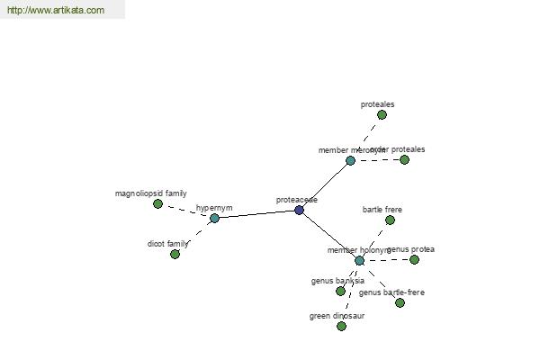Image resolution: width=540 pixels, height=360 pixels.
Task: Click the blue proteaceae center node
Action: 299,211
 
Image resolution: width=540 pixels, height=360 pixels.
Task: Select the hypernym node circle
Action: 214,218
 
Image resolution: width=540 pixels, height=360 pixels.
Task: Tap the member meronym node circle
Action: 350,161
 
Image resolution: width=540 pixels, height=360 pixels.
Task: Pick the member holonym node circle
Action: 359,261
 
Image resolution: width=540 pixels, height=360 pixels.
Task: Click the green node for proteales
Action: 382,115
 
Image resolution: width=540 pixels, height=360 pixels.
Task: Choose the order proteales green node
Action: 404,160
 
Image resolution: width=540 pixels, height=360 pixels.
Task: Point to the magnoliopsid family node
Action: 157,204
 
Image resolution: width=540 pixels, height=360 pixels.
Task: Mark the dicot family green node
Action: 175,255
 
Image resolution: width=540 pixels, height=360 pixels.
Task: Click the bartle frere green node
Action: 390,220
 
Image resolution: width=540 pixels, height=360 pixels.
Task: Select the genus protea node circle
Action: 414,260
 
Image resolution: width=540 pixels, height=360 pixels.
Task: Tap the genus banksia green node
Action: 340,292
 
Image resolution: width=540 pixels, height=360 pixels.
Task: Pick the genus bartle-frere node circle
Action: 400,303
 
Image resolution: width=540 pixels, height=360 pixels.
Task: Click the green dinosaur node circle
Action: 341,327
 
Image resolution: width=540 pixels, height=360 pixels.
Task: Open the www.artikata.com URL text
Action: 55,11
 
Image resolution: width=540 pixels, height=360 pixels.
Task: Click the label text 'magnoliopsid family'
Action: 151,193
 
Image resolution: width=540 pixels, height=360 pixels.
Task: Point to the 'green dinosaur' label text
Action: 337,316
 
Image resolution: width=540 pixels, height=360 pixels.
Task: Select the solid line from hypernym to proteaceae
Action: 256,214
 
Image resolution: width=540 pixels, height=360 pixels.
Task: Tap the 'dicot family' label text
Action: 168,244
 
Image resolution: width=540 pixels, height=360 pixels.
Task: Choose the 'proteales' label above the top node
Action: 377,104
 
